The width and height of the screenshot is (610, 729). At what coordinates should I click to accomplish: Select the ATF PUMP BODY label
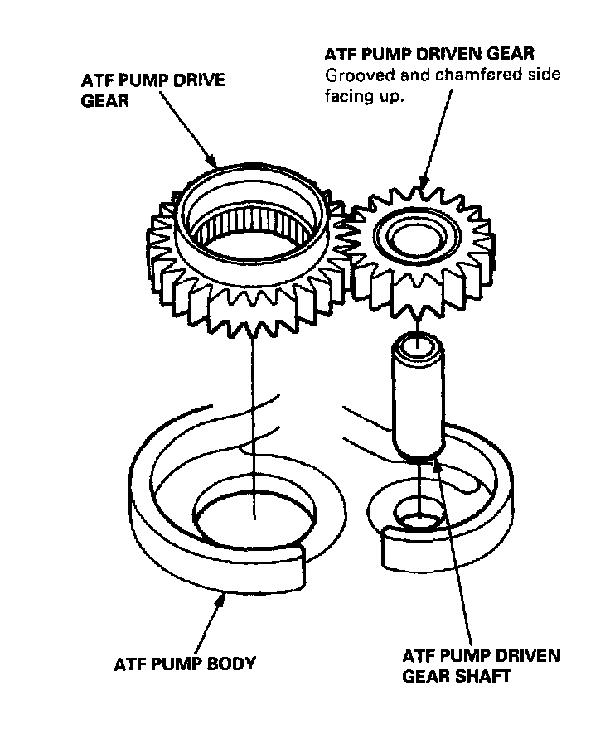coord(184,664)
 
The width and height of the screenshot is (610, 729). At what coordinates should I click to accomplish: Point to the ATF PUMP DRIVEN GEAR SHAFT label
coord(481,665)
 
